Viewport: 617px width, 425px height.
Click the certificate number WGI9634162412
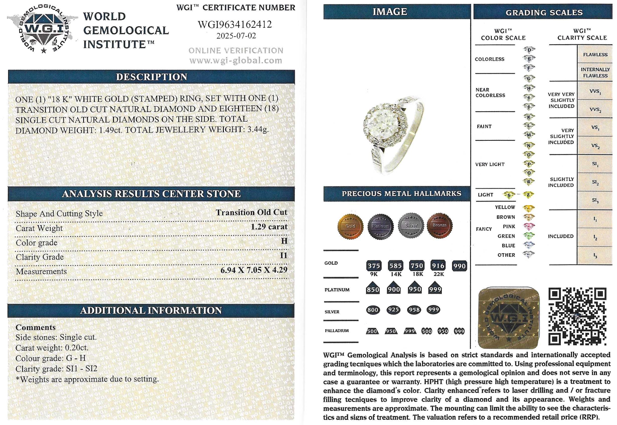[235, 25]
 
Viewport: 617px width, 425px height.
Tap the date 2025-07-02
[236, 36]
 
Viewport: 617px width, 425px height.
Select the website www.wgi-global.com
[236, 60]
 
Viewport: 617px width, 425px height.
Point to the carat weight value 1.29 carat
[269, 227]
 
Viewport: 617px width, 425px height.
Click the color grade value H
[284, 241]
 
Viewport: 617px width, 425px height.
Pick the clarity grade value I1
[283, 256]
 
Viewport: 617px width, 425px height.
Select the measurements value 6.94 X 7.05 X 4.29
[254, 270]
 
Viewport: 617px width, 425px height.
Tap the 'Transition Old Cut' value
[251, 212]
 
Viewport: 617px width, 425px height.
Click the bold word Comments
[36, 327]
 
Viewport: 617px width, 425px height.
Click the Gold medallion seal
[350, 226]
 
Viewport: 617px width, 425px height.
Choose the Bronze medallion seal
[439, 225]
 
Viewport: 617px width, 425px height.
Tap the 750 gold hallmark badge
[417, 266]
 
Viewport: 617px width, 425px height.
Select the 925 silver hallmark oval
[394, 310]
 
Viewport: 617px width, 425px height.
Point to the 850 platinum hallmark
[373, 289]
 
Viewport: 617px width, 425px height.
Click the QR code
[577, 316]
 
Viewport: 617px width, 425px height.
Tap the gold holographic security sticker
[509, 318]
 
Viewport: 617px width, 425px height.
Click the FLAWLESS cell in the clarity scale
[595, 55]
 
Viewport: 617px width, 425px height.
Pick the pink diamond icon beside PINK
[529, 226]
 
